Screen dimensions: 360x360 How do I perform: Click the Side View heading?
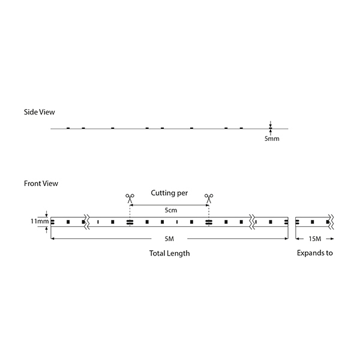click(40, 112)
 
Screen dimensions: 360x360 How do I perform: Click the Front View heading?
click(41, 184)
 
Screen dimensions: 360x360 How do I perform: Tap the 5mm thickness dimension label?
click(272, 139)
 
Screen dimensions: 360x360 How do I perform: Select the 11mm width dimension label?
click(40, 221)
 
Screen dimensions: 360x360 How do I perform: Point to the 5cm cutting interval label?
click(171, 210)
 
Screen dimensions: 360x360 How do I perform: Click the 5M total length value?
click(169, 239)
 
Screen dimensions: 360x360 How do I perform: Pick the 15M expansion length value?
click(315, 239)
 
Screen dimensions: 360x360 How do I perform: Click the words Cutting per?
click(169, 193)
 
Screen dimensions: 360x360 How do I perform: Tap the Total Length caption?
click(169, 253)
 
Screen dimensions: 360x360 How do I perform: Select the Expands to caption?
click(315, 253)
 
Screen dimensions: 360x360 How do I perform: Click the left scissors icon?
click(130, 199)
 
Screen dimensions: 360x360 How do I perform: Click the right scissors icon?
click(209, 199)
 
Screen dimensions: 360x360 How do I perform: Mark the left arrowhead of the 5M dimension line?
click(52, 239)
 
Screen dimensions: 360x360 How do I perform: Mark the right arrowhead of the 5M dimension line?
click(286, 239)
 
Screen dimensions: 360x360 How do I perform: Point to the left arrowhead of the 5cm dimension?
click(131, 205)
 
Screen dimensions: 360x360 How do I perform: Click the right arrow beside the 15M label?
click(330, 239)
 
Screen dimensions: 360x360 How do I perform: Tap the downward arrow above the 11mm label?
click(47, 214)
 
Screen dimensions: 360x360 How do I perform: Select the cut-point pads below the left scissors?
click(130, 222)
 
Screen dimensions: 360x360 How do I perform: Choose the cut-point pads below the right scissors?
click(209, 222)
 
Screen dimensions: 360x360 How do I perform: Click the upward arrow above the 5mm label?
click(271, 133)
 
